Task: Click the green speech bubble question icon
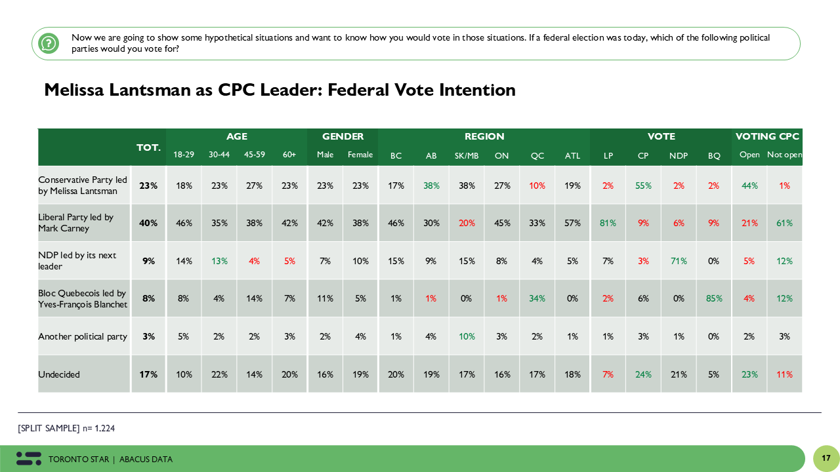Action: (49, 43)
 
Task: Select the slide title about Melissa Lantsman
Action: (280, 90)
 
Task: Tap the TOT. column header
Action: (148, 147)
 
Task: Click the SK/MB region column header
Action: (467, 155)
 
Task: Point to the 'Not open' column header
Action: (784, 155)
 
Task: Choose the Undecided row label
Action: (59, 374)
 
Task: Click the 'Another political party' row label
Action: (83, 336)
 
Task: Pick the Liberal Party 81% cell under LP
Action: (608, 223)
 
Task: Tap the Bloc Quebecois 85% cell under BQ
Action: (714, 298)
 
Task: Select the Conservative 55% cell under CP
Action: (643, 186)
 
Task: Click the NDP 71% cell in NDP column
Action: (679, 261)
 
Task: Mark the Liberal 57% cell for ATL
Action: (572, 223)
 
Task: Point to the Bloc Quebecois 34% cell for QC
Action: (537, 298)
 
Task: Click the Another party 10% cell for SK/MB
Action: (467, 336)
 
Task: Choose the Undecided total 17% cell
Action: (148, 374)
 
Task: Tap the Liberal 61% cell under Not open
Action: (784, 223)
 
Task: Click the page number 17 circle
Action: (826, 458)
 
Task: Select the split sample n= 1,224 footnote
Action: (67, 428)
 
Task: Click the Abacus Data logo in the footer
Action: (29, 459)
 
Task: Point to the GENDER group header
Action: (343, 136)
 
